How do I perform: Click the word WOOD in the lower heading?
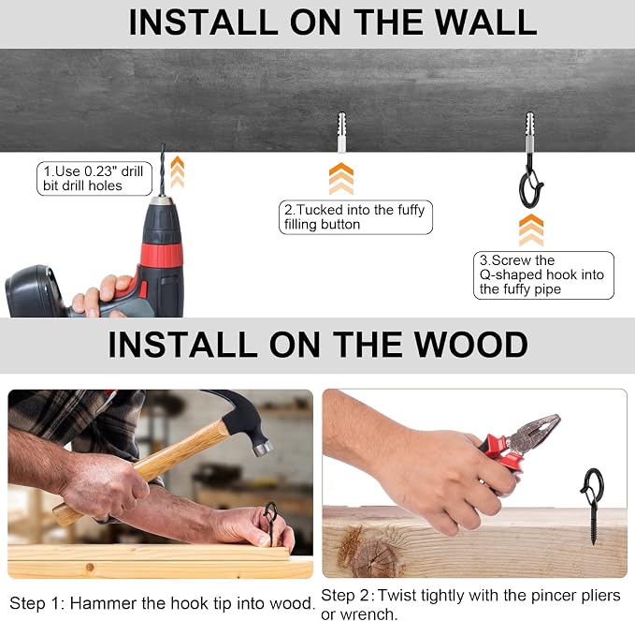pos(470,345)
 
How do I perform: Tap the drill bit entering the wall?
pos(163,170)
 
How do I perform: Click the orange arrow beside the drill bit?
pos(178,172)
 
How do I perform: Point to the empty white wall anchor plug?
pos(341,132)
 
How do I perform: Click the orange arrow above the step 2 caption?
pos(341,179)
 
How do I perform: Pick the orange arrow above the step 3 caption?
pos(531,230)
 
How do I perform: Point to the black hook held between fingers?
pos(270,521)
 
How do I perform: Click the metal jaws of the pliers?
pos(535,431)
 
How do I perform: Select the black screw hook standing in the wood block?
pos(593,506)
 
